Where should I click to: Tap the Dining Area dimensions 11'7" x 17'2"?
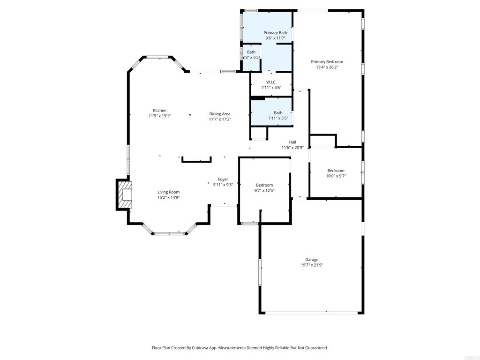pyautogui.click(x=220, y=120)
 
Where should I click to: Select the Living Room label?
pyautogui.click(x=168, y=192)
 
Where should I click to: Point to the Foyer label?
pyautogui.click(x=223, y=179)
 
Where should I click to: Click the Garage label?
pyautogui.click(x=312, y=260)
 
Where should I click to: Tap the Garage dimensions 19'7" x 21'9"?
pyautogui.click(x=312, y=265)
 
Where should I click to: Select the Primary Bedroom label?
pyautogui.click(x=327, y=61)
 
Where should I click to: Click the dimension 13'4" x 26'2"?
pyautogui.click(x=327, y=67)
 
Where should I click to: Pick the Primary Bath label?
pyautogui.click(x=275, y=32)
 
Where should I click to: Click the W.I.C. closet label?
pyautogui.click(x=271, y=82)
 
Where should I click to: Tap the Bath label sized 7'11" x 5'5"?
pyautogui.click(x=278, y=112)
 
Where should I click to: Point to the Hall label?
pyautogui.click(x=292, y=142)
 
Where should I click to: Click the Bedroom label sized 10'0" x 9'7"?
pyautogui.click(x=336, y=171)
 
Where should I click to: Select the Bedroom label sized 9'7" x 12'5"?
pyautogui.click(x=264, y=185)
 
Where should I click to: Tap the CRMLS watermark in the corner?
pyautogui.click(x=471, y=356)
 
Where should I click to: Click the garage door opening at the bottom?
pyautogui.click(x=312, y=313)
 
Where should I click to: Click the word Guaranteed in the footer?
pyautogui.click(x=316, y=348)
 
